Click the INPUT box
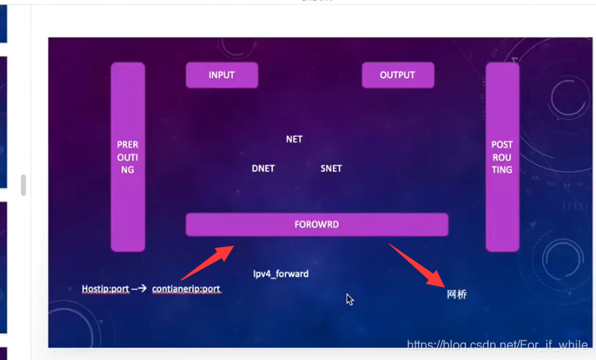pyautogui.click(x=222, y=75)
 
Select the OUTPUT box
pyautogui.click(x=398, y=75)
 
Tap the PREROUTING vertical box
pyautogui.click(x=128, y=157)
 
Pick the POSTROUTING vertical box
pyautogui.click(x=502, y=157)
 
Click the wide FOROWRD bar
pyautogui.click(x=317, y=225)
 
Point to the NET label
pyautogui.click(x=294, y=139)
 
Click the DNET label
pyautogui.click(x=263, y=168)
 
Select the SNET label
pyautogui.click(x=331, y=168)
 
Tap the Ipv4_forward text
pyautogui.click(x=281, y=274)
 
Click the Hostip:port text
pyautogui.click(x=105, y=289)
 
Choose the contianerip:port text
pyautogui.click(x=186, y=289)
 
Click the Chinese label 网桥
pyautogui.click(x=457, y=295)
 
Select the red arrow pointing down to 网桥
pyautogui.click(x=416, y=265)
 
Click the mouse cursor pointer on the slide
pyautogui.click(x=349, y=299)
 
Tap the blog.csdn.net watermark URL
pyautogui.click(x=497, y=344)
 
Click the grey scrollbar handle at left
pyautogui.click(x=23, y=185)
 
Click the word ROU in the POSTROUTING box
pyautogui.click(x=502, y=157)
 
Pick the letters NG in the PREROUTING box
pyautogui.click(x=128, y=170)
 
